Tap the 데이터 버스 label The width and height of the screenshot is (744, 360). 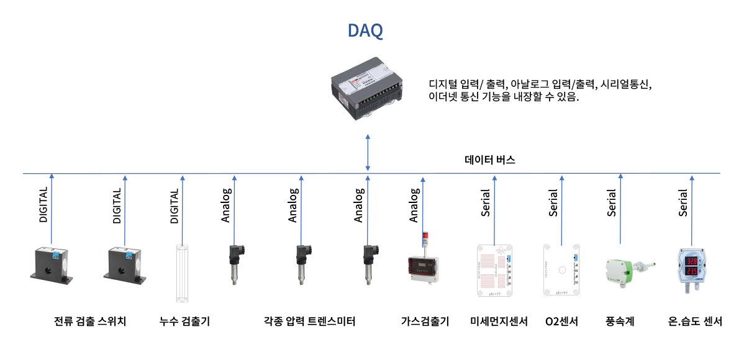pos(490,160)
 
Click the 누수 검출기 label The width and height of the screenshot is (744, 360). pos(184,322)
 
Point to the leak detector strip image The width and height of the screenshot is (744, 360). pos(183,273)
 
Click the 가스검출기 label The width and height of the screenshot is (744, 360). pos(425,322)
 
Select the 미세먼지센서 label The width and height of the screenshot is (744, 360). pos(499,322)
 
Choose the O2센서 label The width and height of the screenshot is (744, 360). pos(561,322)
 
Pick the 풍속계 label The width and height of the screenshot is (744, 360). pos(619,322)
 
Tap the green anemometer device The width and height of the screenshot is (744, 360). pos(624,269)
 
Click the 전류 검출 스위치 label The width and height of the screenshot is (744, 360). pos(90,322)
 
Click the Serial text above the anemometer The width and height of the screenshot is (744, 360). pos(612,202)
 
